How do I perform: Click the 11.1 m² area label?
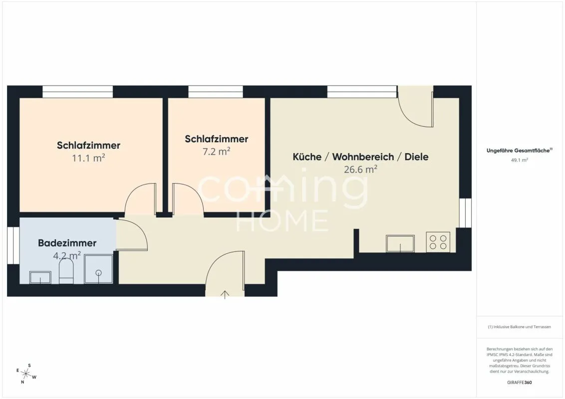click(88, 158)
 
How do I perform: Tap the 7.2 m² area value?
click(216, 151)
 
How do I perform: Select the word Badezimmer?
click(67, 243)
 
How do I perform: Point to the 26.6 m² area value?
click(360, 169)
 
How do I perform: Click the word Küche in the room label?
click(307, 157)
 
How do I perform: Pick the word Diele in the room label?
click(417, 157)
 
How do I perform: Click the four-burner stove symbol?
click(438, 242)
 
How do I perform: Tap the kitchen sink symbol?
click(400, 243)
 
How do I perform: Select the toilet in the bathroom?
click(66, 271)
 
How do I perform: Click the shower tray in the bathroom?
click(98, 269)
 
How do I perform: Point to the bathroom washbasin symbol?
click(40, 278)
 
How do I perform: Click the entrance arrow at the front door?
click(225, 295)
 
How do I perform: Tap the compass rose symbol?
click(26, 374)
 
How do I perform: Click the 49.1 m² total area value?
click(519, 160)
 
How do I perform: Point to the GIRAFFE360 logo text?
click(519, 383)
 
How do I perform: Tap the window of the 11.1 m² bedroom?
click(78, 91)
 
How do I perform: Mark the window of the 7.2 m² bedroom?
click(216, 91)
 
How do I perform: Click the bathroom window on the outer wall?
click(13, 245)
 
